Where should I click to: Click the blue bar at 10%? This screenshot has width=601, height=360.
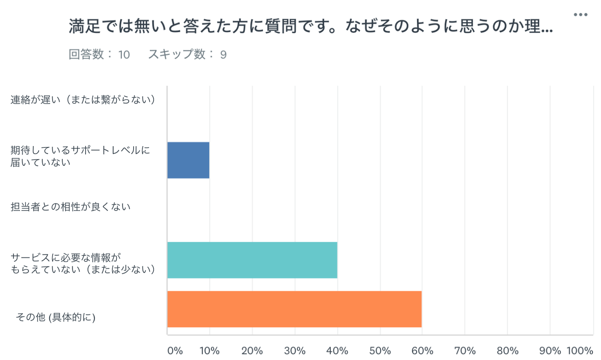click(x=188, y=160)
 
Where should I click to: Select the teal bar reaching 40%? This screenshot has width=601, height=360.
click(x=252, y=260)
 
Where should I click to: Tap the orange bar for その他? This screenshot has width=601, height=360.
click(x=294, y=309)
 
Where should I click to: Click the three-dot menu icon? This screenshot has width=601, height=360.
click(x=580, y=15)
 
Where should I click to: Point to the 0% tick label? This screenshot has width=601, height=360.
click(x=175, y=351)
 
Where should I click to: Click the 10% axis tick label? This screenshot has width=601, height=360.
click(x=210, y=351)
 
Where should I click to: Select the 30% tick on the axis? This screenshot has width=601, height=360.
click(x=295, y=351)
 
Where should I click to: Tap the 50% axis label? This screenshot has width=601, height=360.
click(x=380, y=351)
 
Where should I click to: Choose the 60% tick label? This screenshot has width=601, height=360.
click(x=422, y=351)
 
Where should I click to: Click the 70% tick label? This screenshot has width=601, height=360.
click(x=465, y=351)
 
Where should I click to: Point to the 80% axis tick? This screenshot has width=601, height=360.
click(x=508, y=351)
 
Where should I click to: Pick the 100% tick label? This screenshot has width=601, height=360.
click(x=580, y=351)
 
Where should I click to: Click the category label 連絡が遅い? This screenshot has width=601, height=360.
click(x=83, y=99)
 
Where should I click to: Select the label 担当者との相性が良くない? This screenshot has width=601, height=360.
click(x=71, y=207)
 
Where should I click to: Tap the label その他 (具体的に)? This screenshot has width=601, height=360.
click(x=56, y=317)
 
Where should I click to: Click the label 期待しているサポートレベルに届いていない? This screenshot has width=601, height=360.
click(x=80, y=156)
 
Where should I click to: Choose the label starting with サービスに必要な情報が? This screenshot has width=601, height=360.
click(x=83, y=263)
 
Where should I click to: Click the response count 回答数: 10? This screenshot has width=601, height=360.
click(x=99, y=54)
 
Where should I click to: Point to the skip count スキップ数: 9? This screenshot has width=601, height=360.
click(x=187, y=54)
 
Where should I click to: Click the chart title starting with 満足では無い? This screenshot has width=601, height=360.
click(x=311, y=27)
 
